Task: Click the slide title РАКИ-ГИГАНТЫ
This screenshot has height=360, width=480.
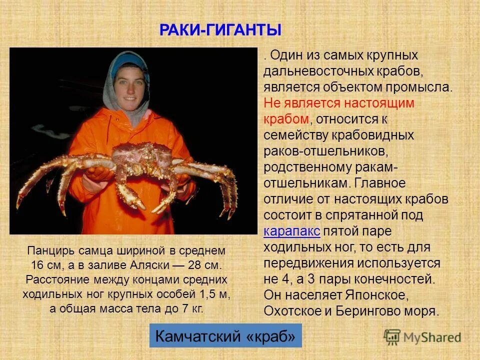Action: click(x=220, y=30)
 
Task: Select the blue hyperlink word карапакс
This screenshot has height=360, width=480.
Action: click(x=292, y=231)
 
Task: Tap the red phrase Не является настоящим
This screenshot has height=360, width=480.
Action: click(x=339, y=103)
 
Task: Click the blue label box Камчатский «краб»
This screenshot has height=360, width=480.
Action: click(x=225, y=336)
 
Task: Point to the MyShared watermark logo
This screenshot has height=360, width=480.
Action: click(x=422, y=337)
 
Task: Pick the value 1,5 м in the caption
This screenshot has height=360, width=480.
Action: click(x=212, y=293)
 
